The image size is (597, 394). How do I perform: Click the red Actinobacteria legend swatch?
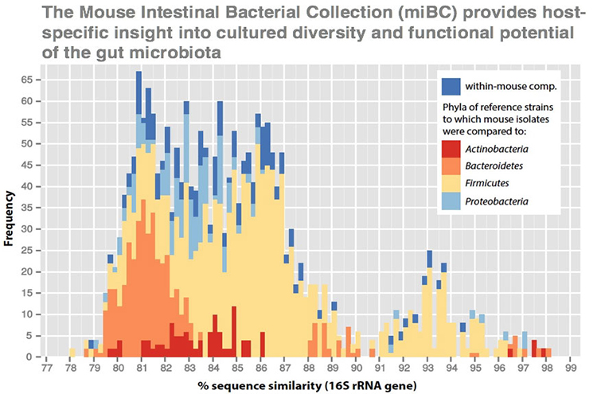point(452,150)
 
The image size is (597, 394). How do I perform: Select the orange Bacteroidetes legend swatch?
point(452,168)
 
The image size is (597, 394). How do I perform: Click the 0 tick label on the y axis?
point(28,357)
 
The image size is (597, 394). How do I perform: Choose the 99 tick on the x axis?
point(570,369)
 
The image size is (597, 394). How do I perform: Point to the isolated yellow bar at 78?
point(72,352)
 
